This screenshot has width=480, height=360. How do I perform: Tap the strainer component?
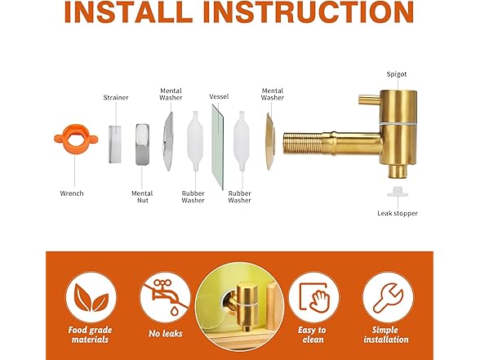click(x=115, y=144)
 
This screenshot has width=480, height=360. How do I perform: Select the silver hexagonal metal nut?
click(x=142, y=144)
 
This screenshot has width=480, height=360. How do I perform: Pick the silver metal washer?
click(x=168, y=141)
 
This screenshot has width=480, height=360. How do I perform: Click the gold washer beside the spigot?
click(x=269, y=141)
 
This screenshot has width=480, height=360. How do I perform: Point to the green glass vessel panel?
click(x=218, y=147)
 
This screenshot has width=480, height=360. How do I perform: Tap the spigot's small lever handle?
click(x=370, y=100)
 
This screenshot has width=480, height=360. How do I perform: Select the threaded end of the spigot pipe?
click(x=302, y=143)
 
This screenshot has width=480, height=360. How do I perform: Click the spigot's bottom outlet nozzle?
click(x=398, y=171)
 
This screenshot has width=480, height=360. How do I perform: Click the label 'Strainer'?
click(x=116, y=98)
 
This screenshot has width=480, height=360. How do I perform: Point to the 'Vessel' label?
click(x=219, y=96)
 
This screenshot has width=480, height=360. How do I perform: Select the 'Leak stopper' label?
click(x=398, y=213)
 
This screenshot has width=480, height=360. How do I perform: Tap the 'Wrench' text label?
click(x=72, y=193)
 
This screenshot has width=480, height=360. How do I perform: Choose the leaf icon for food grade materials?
click(x=91, y=297)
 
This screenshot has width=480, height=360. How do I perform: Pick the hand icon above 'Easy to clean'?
click(x=318, y=300)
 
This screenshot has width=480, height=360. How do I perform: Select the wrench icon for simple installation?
click(x=388, y=296)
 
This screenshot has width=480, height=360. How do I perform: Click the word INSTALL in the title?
click(x=129, y=12)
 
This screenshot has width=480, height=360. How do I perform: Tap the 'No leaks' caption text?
click(x=165, y=334)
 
